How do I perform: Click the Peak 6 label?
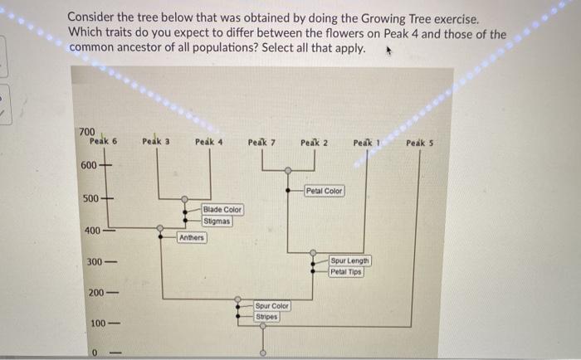(x=103, y=142)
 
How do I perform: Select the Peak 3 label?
(x=156, y=142)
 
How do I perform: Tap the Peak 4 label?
(x=208, y=142)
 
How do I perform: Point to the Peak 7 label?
(x=261, y=143)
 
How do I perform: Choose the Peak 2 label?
(x=314, y=143)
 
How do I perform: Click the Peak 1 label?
(x=366, y=143)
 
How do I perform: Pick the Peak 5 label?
(x=420, y=143)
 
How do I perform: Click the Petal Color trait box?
(x=324, y=191)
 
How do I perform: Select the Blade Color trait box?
(x=222, y=210)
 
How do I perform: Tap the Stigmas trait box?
(x=217, y=221)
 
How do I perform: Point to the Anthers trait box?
(x=192, y=238)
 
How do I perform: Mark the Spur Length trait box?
(x=351, y=260)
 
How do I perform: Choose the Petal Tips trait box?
(x=347, y=272)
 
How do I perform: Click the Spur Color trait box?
(x=271, y=306)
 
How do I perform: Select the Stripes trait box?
(x=266, y=316)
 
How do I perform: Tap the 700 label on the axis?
(x=87, y=132)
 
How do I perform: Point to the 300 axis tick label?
(x=95, y=262)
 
